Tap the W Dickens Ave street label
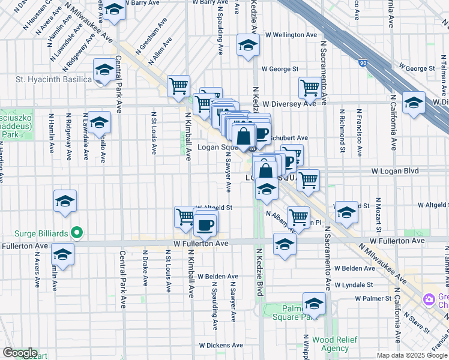(221, 346)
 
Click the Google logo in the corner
(19, 353)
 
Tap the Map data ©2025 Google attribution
(412, 355)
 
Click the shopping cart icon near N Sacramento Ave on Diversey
(310, 88)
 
